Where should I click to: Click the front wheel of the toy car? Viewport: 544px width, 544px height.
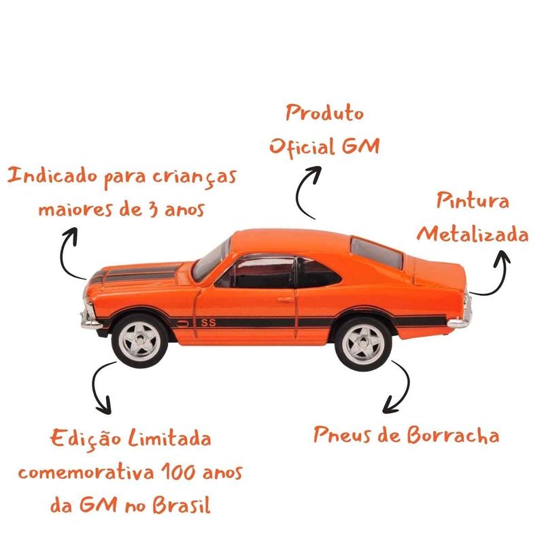140,341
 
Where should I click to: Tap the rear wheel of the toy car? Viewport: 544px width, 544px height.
363,343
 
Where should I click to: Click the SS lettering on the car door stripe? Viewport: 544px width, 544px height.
209,322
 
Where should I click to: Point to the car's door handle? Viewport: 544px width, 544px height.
286,299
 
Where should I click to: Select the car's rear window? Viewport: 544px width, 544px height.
377,252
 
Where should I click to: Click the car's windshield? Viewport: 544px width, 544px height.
211,260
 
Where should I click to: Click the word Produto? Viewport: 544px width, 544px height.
324,113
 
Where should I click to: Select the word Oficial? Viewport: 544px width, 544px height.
302,146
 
